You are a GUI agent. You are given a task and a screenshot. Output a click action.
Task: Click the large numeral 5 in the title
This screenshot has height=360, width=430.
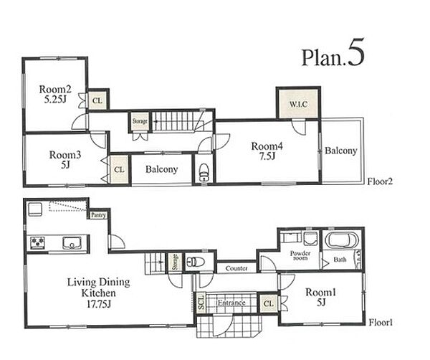pos(356,52)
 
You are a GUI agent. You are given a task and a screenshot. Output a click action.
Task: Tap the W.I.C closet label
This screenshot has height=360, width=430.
pos(298,104)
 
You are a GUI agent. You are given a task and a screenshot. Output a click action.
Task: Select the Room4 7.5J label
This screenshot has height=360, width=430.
pos(267,151)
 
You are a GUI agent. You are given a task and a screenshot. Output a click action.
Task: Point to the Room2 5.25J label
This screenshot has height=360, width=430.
pos(55,94)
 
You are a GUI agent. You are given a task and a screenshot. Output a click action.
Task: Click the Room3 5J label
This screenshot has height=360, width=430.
pos(65,160)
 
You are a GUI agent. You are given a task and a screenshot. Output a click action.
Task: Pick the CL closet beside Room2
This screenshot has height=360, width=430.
pos(97,100)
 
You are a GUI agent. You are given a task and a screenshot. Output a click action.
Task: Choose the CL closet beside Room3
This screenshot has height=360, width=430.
pos(119,169)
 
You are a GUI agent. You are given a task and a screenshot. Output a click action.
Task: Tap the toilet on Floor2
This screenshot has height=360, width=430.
pos(204,172)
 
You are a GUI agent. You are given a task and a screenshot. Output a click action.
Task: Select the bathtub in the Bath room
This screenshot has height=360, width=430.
pos(342,240)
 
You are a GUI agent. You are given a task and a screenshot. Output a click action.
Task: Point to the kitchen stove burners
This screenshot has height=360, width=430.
pos(37,243)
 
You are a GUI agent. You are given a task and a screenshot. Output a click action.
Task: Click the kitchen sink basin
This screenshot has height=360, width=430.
pos(72,243)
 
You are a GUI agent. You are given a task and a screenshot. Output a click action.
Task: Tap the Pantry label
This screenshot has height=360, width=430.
pos(98,215)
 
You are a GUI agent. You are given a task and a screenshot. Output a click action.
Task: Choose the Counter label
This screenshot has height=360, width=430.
pos(236,268)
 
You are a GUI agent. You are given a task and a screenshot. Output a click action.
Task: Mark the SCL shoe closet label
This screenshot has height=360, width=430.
pos(201,303)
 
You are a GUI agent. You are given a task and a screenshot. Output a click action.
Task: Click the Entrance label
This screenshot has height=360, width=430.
pos(231,303)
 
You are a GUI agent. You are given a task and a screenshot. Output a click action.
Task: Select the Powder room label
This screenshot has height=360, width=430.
pos(300,255)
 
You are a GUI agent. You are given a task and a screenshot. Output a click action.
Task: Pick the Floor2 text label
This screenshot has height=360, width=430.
pos(380,181)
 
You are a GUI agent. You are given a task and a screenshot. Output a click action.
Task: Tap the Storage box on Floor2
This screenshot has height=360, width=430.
pos(140,120)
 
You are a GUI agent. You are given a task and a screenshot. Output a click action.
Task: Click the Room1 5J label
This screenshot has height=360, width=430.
pos(320,297)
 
